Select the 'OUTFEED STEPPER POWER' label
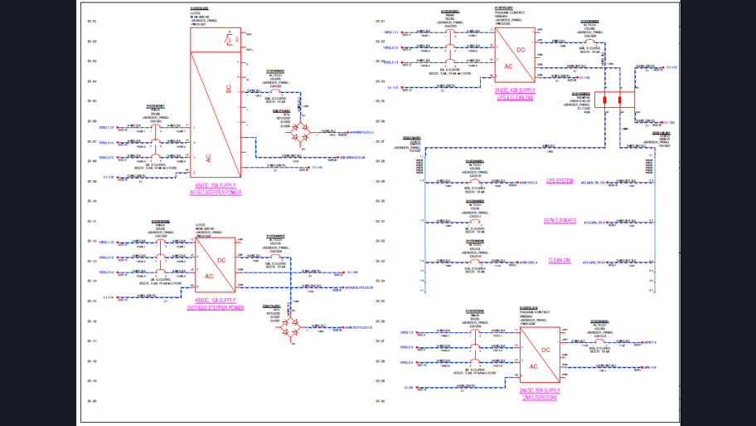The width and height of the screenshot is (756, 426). pyautogui.click(x=215, y=307)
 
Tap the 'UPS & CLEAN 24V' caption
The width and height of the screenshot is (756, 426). pyautogui.click(x=514, y=97)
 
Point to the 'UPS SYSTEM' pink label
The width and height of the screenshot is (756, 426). pyautogui.click(x=559, y=181)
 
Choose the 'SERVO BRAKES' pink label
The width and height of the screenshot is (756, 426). pyautogui.click(x=559, y=221)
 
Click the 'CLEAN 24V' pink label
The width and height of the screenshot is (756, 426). pyautogui.click(x=559, y=261)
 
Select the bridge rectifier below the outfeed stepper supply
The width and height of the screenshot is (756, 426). pyautogui.click(x=292, y=330)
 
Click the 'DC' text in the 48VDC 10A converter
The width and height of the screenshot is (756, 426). pyautogui.click(x=221, y=260)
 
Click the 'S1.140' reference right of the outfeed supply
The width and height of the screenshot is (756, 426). pyautogui.click(x=352, y=272)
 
